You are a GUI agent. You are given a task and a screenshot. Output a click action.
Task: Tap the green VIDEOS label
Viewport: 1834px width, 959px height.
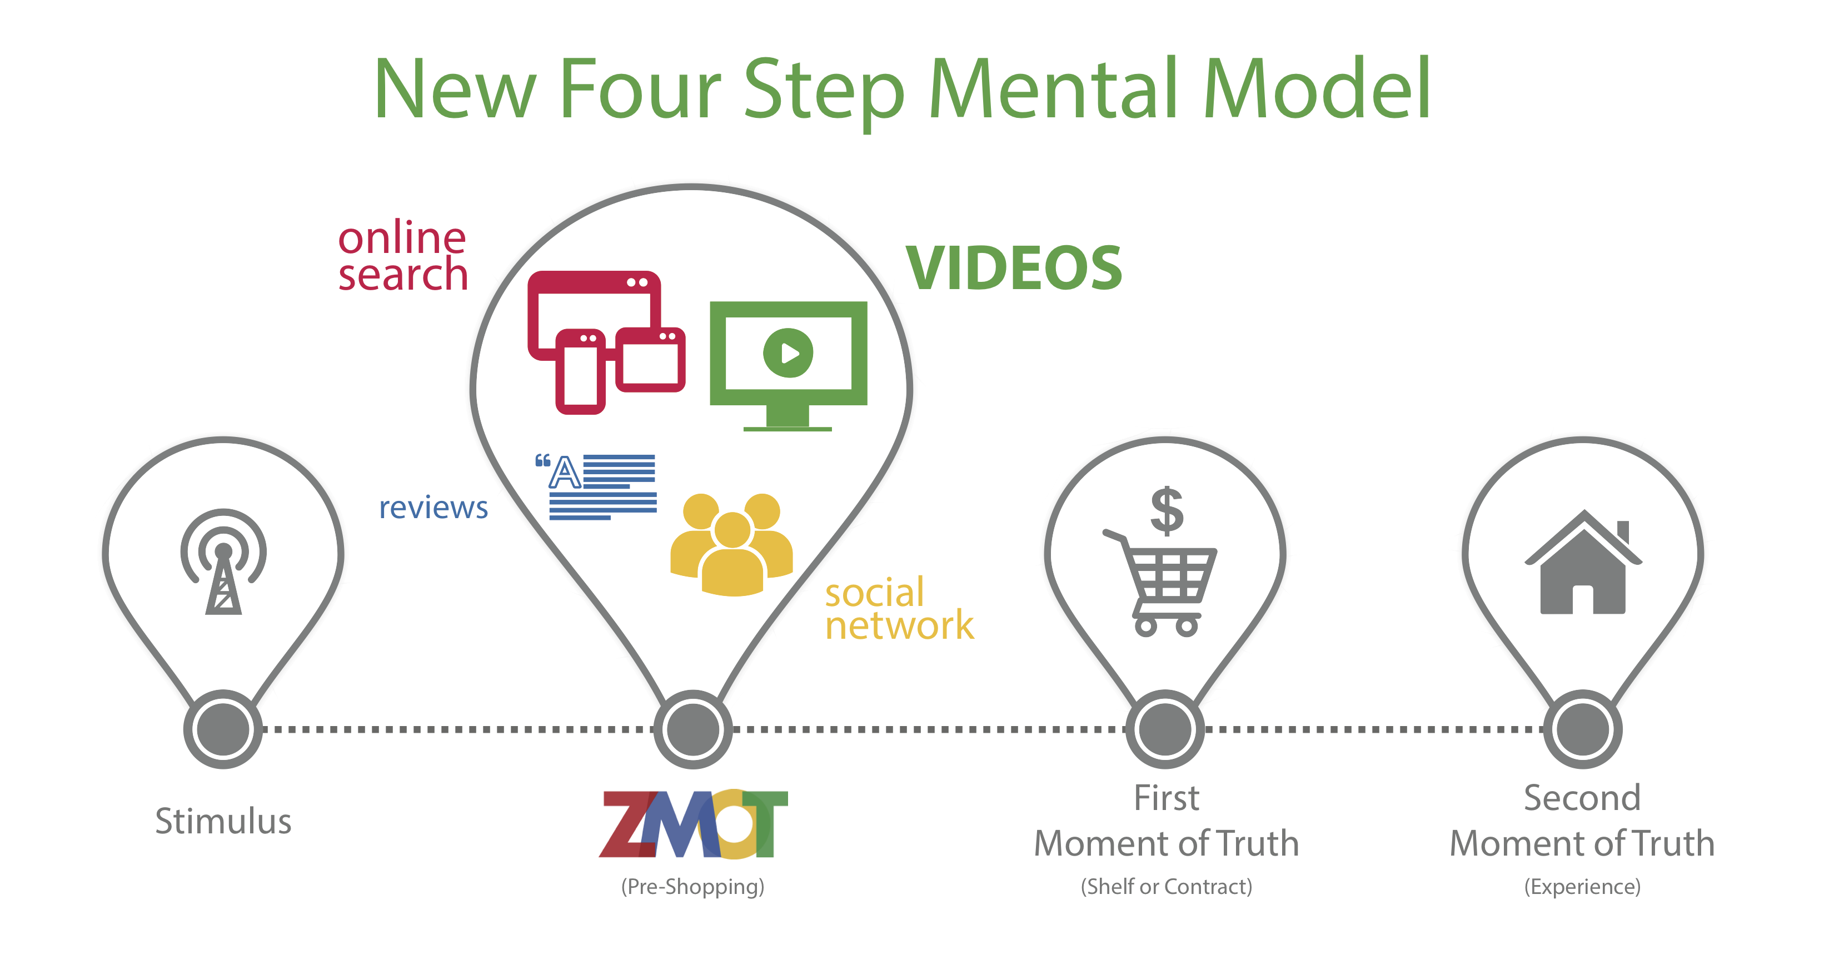[1014, 268]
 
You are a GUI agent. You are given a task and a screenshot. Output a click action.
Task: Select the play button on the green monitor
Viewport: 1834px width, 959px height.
[788, 352]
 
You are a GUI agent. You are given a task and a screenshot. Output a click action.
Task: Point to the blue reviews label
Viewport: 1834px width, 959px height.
[433, 508]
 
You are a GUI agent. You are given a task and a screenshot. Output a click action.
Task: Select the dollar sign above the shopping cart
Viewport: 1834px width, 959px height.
[1168, 510]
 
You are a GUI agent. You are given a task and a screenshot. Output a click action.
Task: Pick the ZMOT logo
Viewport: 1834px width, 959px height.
[694, 824]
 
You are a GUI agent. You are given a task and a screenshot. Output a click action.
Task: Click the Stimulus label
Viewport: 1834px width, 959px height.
[223, 821]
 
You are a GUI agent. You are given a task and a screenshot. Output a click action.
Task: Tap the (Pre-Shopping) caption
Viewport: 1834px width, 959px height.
[692, 886]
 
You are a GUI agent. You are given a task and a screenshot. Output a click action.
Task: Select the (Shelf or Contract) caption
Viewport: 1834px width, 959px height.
[1166, 886]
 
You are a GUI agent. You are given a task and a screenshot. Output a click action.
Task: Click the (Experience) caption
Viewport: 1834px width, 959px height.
[1583, 886]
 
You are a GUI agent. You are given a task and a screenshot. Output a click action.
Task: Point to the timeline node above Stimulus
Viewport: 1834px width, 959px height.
[223, 729]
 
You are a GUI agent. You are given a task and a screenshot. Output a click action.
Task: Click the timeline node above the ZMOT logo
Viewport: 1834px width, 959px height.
[692, 729]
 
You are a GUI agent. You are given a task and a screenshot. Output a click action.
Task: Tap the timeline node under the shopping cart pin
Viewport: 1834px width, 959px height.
[1165, 729]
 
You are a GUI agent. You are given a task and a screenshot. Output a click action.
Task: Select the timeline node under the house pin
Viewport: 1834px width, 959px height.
[1583, 729]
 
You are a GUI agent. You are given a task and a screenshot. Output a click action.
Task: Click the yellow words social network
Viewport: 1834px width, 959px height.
[899, 609]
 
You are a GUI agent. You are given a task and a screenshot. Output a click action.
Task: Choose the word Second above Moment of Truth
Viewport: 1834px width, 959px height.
[1582, 797]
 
